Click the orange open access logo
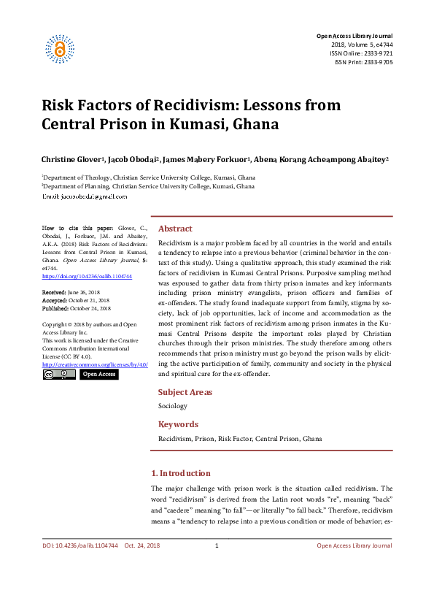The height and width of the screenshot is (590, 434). (x=61, y=49)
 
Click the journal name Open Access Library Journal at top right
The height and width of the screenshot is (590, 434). (x=354, y=36)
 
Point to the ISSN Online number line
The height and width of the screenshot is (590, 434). (x=362, y=53)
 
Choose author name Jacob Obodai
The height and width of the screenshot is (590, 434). (x=133, y=158)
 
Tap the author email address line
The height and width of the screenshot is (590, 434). (x=85, y=196)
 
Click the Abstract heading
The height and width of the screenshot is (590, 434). (x=175, y=229)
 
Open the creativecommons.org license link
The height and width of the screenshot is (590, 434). (x=95, y=364)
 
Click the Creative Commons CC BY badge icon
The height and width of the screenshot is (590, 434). (x=58, y=374)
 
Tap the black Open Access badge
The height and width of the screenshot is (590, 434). (x=98, y=374)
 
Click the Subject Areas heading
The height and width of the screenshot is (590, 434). (x=185, y=392)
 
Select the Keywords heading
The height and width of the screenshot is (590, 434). (x=178, y=424)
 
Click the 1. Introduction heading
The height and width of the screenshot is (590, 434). (x=180, y=473)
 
